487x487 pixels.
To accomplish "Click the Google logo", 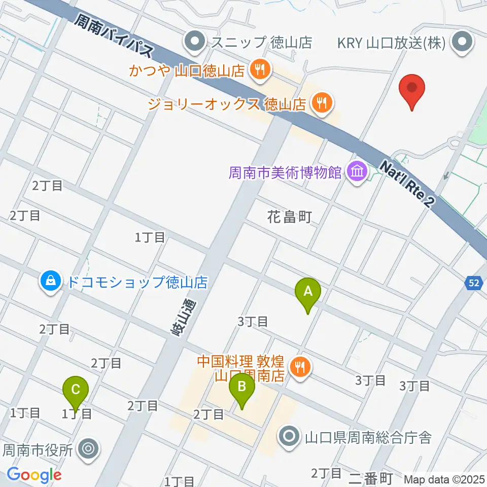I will (34, 475).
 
